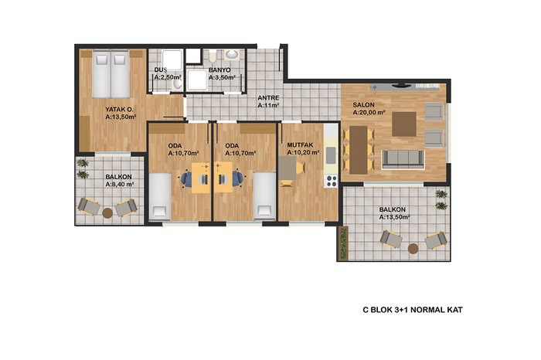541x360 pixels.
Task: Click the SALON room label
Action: [x=363, y=105]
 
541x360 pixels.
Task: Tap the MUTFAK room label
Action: [x=300, y=145]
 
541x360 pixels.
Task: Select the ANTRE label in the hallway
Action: [x=268, y=98]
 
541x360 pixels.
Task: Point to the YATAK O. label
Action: [x=119, y=109]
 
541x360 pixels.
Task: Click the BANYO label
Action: [x=219, y=70]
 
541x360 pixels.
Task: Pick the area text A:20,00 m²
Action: [x=369, y=113]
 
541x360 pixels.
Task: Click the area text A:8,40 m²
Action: [x=120, y=185]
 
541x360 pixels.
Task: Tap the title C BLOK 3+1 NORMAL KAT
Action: [x=413, y=310]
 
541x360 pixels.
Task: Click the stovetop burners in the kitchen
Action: [x=332, y=181]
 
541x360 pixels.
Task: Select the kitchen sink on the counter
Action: [x=331, y=155]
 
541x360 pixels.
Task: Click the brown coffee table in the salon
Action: [x=404, y=124]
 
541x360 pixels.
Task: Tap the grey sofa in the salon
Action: [x=403, y=159]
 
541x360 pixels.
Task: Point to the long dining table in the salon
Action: [x=358, y=150]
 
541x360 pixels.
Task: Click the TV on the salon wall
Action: [x=400, y=84]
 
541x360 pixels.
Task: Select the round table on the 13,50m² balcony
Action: [x=413, y=248]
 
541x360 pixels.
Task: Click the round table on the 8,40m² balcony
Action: [x=107, y=212]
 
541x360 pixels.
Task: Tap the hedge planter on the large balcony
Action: [x=343, y=243]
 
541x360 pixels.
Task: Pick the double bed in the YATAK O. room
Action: [x=111, y=74]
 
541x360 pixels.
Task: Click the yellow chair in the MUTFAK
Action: [x=300, y=168]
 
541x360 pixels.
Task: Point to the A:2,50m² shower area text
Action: [x=168, y=77]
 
